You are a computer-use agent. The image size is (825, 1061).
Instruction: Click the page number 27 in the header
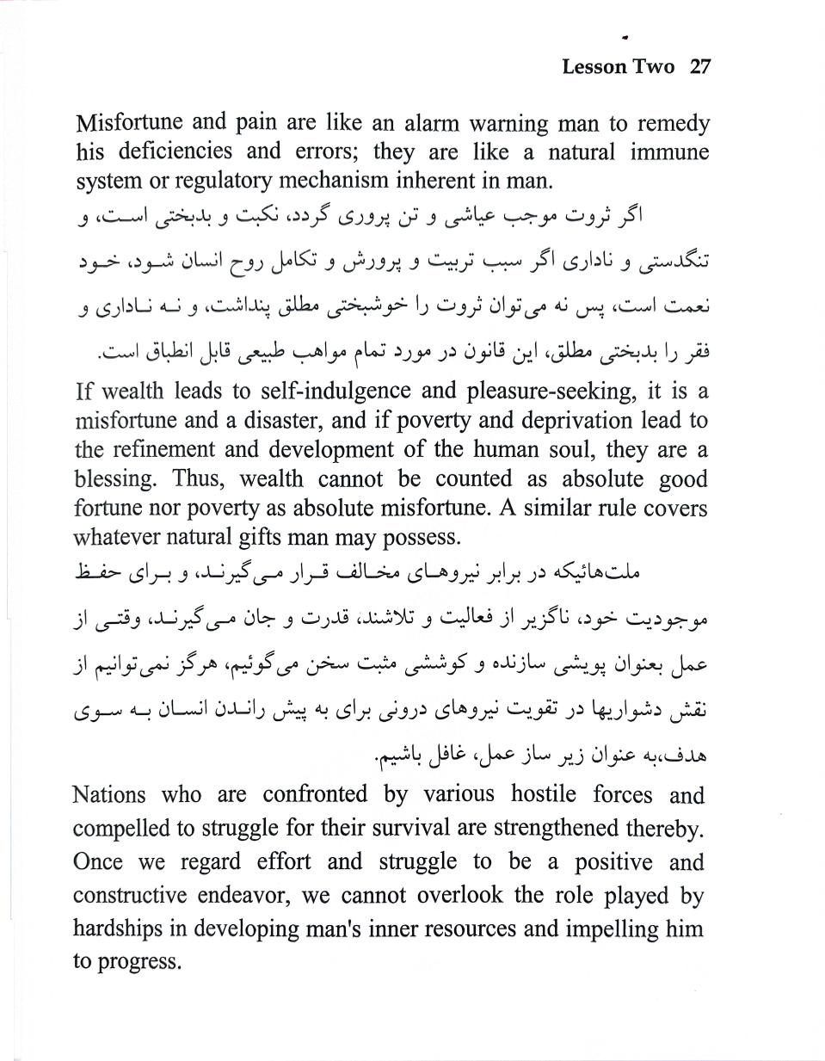pos(699,67)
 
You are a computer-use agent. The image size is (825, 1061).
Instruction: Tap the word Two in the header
pos(656,67)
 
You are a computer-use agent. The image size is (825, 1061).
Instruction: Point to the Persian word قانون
pos(489,352)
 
